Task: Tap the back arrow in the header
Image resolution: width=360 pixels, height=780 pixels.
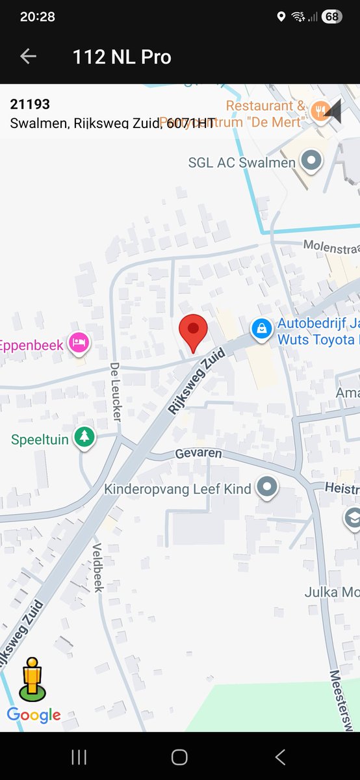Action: point(28,57)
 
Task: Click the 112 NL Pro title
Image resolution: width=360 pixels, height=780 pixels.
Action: point(122,57)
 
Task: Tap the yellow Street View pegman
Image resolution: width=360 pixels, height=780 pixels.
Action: point(32,679)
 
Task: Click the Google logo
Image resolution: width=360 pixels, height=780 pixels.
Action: point(34,715)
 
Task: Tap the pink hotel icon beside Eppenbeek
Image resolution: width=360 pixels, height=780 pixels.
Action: point(79,342)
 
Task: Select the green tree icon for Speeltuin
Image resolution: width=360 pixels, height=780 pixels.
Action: point(84,437)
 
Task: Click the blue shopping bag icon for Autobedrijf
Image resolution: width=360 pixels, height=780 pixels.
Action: point(261,328)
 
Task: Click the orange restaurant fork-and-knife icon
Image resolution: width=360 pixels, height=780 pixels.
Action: point(318,109)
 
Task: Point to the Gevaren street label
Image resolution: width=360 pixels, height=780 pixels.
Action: point(199,454)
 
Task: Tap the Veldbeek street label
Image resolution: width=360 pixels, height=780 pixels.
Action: point(97,567)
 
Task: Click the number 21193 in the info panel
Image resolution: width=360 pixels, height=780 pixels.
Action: point(30,104)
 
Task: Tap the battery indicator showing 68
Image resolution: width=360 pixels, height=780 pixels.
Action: point(331,17)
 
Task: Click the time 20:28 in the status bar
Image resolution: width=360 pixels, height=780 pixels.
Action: point(38,17)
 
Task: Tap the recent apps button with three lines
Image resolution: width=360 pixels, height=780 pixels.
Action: point(79,757)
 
